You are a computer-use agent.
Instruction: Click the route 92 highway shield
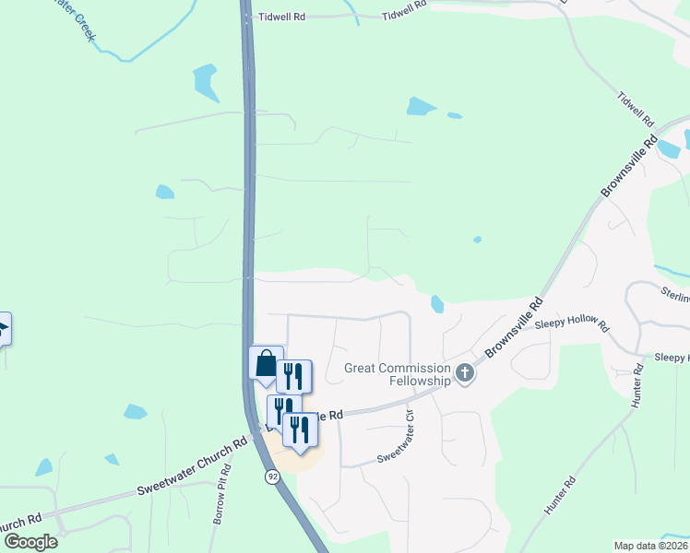point(272,477)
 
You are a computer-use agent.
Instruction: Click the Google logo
point(30,541)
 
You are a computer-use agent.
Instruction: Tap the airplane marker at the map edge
point(3,329)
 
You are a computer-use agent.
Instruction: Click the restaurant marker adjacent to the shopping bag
point(294,376)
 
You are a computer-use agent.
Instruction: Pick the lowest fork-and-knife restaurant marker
point(300,430)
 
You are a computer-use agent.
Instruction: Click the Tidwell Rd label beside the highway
point(281,17)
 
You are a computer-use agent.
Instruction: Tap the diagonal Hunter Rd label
point(559,495)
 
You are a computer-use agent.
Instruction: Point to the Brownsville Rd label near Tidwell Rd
point(627,167)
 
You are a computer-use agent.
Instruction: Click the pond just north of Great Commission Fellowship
point(436,303)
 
